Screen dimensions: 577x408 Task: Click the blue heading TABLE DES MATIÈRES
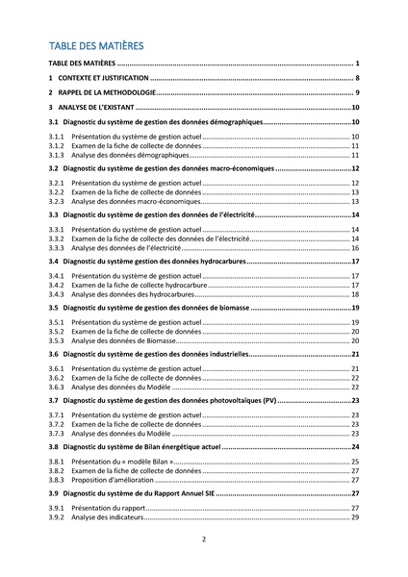[x=95, y=45]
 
